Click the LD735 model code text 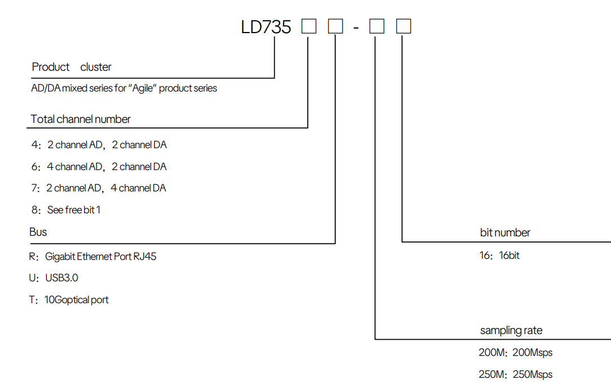click(266, 27)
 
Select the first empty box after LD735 click(309, 26)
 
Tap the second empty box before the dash click(335, 26)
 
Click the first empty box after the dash click(377, 26)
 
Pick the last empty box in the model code click(403, 26)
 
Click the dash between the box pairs click(356, 28)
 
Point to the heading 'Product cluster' click(71, 67)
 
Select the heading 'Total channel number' click(80, 119)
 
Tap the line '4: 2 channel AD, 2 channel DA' click(99, 145)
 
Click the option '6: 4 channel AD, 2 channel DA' click(99, 167)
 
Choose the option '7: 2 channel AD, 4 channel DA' click(99, 188)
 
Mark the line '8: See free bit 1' click(66, 210)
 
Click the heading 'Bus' click(38, 232)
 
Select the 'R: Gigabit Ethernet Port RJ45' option click(93, 257)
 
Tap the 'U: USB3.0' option click(54, 278)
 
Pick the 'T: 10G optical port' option click(69, 300)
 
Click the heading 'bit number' click(505, 232)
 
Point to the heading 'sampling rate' click(511, 330)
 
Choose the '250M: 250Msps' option click(516, 374)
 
